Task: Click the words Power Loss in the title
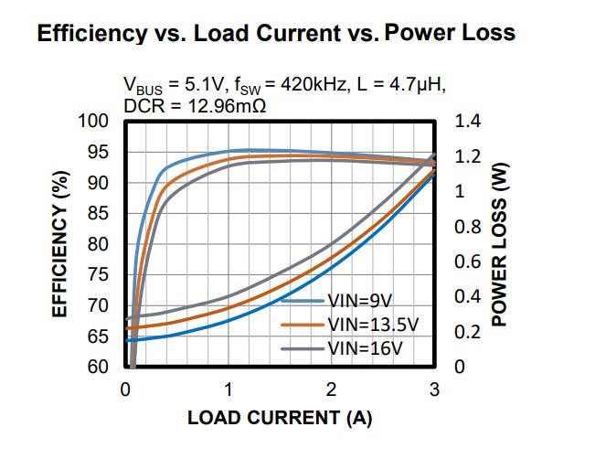tap(451, 34)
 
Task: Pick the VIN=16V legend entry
tap(367, 348)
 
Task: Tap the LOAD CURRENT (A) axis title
tap(280, 419)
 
